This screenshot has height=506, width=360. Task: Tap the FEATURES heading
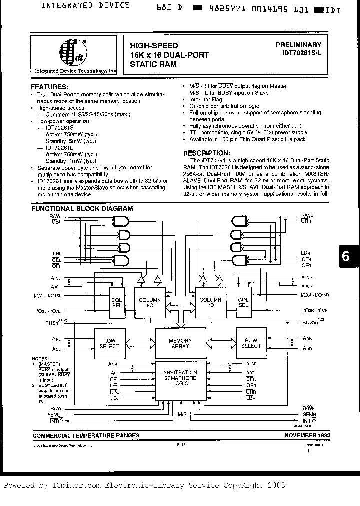[x=49, y=86]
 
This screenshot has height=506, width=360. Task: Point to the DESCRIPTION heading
[x=206, y=153]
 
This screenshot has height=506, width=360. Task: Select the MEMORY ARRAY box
[x=180, y=343]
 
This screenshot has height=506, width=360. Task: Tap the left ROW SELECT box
[x=109, y=343]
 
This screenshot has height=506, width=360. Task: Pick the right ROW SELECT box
[x=251, y=343]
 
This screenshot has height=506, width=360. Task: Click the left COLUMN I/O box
[x=150, y=303]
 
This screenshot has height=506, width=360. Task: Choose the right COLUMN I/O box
[x=210, y=303]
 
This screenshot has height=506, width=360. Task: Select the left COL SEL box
[x=117, y=302]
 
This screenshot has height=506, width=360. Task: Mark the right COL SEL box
[x=243, y=302]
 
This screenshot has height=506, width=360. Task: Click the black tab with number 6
[x=346, y=257]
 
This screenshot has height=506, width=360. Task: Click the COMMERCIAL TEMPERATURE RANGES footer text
[x=86, y=435]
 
